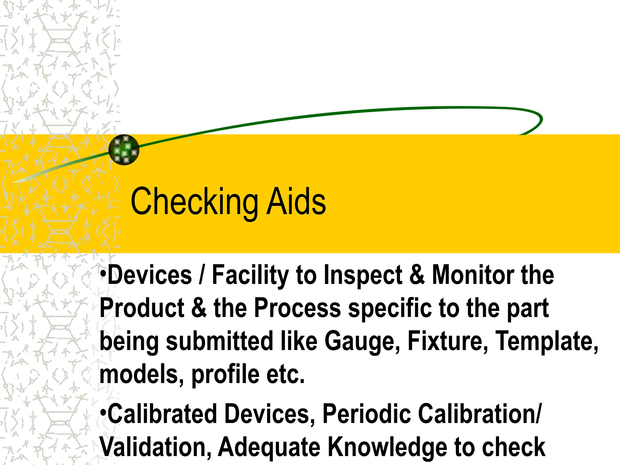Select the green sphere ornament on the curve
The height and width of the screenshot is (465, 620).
(124, 150)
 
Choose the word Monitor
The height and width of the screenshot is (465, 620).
(473, 275)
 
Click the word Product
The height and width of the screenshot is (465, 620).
(142, 308)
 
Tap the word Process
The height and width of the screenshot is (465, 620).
(298, 308)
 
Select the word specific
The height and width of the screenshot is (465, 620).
(390, 308)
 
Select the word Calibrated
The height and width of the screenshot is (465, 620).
(162, 414)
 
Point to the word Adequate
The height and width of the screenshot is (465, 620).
(269, 447)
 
